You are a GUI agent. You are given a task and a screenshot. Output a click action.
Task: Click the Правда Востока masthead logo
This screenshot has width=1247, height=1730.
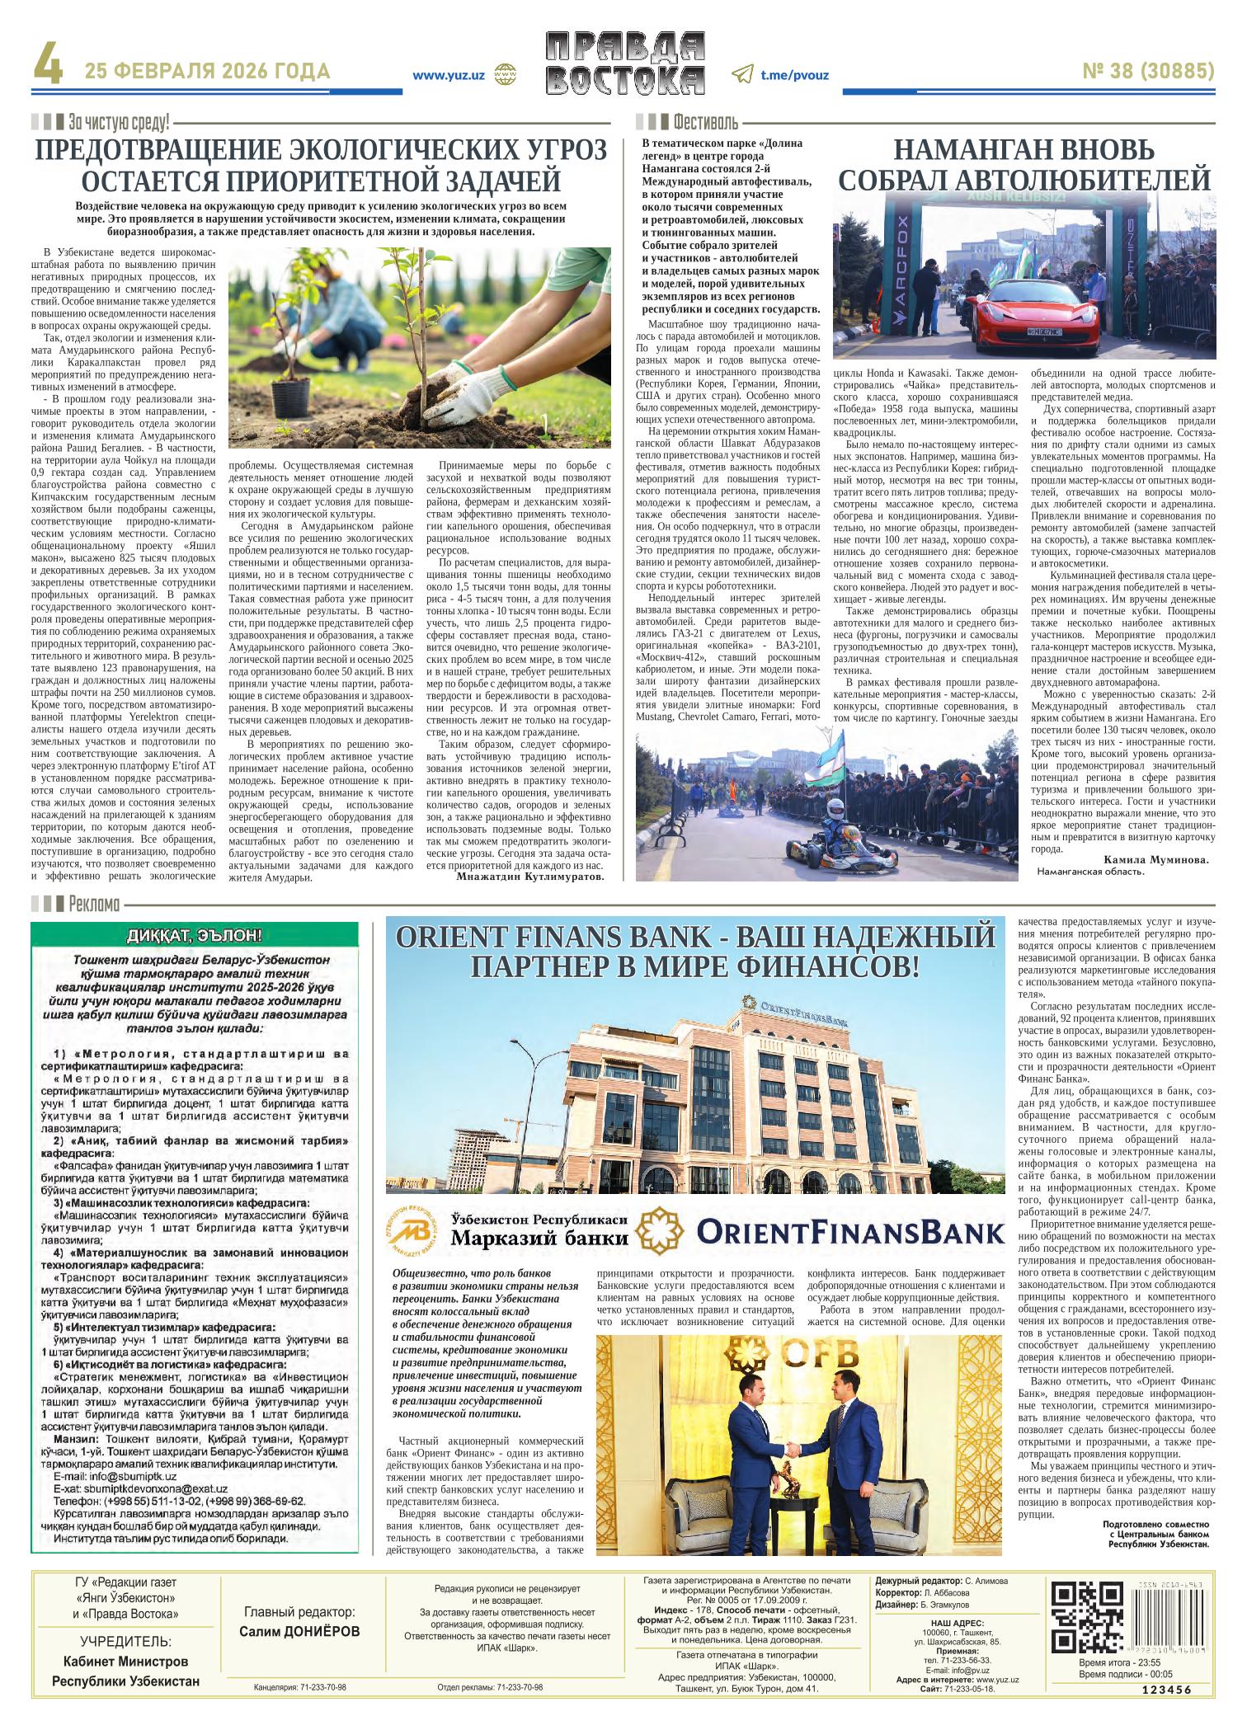(x=626, y=63)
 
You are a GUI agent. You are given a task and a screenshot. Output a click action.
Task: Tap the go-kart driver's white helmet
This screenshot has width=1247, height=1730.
(x=835, y=808)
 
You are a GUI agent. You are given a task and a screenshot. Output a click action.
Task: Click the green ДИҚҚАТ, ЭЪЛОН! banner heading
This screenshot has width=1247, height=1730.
(x=195, y=935)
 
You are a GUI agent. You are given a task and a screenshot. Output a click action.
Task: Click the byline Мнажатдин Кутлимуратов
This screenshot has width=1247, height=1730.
(x=529, y=877)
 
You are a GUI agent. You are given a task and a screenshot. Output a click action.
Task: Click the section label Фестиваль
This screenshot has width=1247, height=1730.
(x=705, y=124)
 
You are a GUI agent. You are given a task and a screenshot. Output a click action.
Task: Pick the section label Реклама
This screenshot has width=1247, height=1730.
(x=95, y=904)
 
